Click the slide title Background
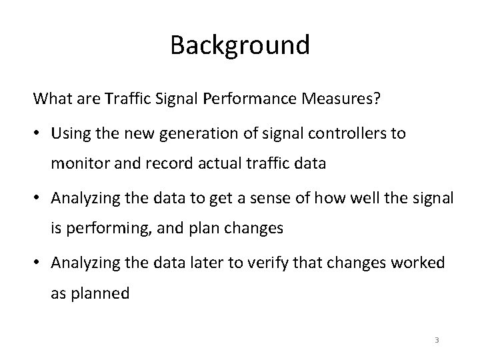(x=240, y=45)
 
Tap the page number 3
(x=437, y=341)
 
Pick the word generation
(x=185, y=134)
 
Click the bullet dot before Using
(x=40, y=134)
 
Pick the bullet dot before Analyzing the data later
(x=40, y=262)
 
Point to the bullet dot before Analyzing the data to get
(x=40, y=198)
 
